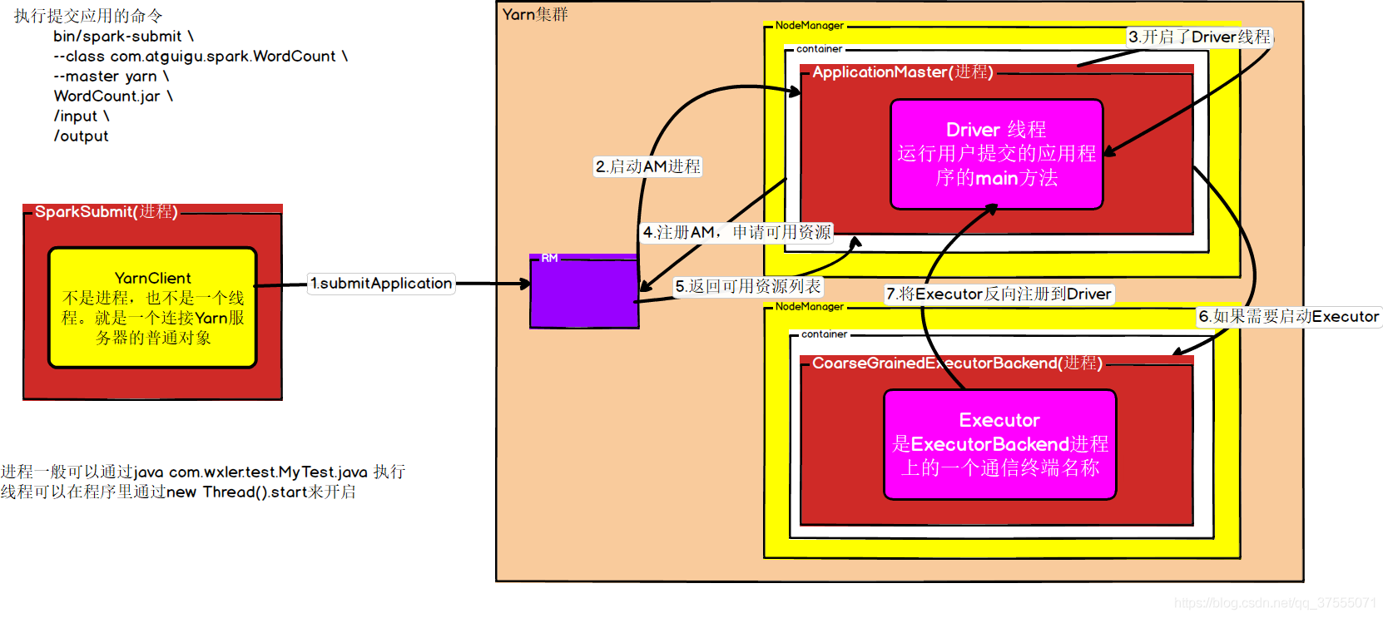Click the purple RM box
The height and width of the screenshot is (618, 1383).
click(x=584, y=293)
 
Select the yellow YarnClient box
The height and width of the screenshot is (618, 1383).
click(x=152, y=307)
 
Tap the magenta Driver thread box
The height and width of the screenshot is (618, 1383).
click(x=996, y=154)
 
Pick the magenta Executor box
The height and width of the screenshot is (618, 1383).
click(x=999, y=444)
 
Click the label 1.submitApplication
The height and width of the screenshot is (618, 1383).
click(x=381, y=284)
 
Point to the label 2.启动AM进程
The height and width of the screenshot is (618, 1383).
click(x=648, y=166)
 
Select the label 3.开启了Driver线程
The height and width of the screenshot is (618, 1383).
click(x=1199, y=37)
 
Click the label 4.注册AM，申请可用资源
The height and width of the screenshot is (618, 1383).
click(x=736, y=232)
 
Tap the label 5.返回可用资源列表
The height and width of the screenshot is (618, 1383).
click(x=747, y=286)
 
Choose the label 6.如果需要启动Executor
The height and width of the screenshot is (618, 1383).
click(x=1288, y=316)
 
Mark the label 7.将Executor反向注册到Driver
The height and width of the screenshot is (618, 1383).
click(x=999, y=294)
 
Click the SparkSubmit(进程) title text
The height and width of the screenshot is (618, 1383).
click(x=106, y=212)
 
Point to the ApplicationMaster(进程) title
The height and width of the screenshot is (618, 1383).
click(x=902, y=72)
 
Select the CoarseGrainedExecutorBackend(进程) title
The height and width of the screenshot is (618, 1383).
click(x=957, y=363)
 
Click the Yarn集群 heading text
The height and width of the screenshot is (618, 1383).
click(x=535, y=14)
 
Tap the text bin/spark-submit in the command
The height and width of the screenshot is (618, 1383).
click(x=117, y=37)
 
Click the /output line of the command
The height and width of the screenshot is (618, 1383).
click(x=81, y=136)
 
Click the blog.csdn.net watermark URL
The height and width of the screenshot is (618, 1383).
click(x=1275, y=602)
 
